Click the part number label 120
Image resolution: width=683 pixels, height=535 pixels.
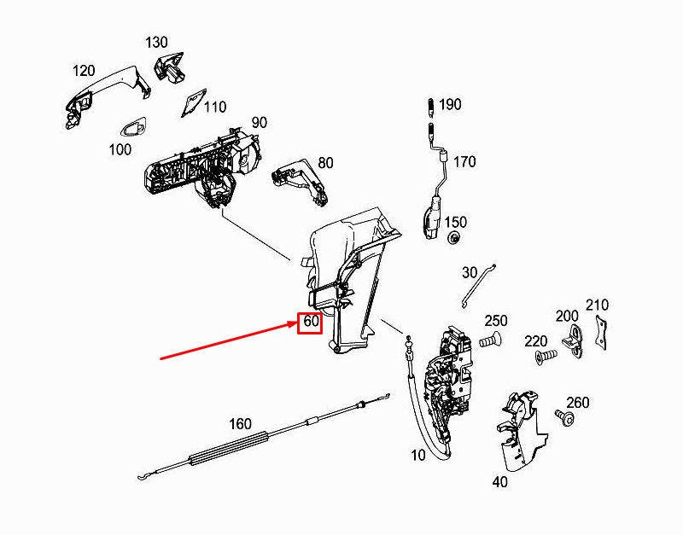pos(83,69)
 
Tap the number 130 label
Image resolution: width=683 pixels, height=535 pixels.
pos(156,42)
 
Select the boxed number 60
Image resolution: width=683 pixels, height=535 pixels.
pos(310,323)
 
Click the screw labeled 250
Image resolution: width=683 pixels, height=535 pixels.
pos(489,341)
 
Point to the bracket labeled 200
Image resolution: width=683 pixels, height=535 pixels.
pos(577,338)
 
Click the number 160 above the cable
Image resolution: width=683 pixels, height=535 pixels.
pos(241,423)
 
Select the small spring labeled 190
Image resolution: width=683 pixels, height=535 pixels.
pos(431,107)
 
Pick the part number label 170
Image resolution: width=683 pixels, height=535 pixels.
pos(464,162)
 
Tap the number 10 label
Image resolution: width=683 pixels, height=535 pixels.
pos(417,456)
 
